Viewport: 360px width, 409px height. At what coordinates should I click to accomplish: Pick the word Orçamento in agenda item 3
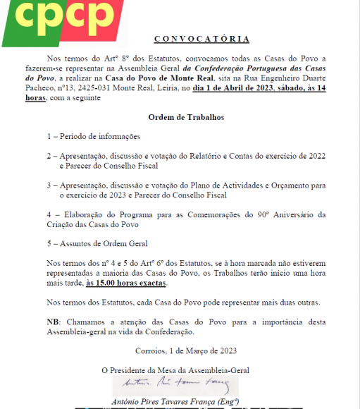click(271, 185)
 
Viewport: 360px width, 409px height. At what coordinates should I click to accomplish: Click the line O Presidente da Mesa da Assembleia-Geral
click(175, 370)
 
